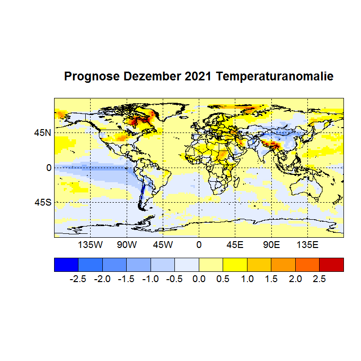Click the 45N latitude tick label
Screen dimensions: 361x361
point(42,133)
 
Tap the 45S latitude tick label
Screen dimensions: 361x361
point(42,202)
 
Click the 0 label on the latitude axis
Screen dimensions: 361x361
point(48,168)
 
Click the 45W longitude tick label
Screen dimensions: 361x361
point(163,244)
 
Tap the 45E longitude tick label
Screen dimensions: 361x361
point(235,244)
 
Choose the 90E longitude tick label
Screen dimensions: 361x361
point(271,244)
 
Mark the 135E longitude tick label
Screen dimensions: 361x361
point(307,244)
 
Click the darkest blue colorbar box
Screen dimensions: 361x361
point(66,264)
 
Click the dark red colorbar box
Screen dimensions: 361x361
point(331,264)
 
